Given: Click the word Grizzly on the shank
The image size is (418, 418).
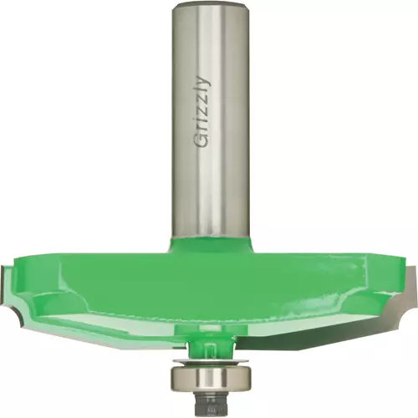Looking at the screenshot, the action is pos(202,111).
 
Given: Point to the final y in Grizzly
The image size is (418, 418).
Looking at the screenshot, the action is pos(204,80).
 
